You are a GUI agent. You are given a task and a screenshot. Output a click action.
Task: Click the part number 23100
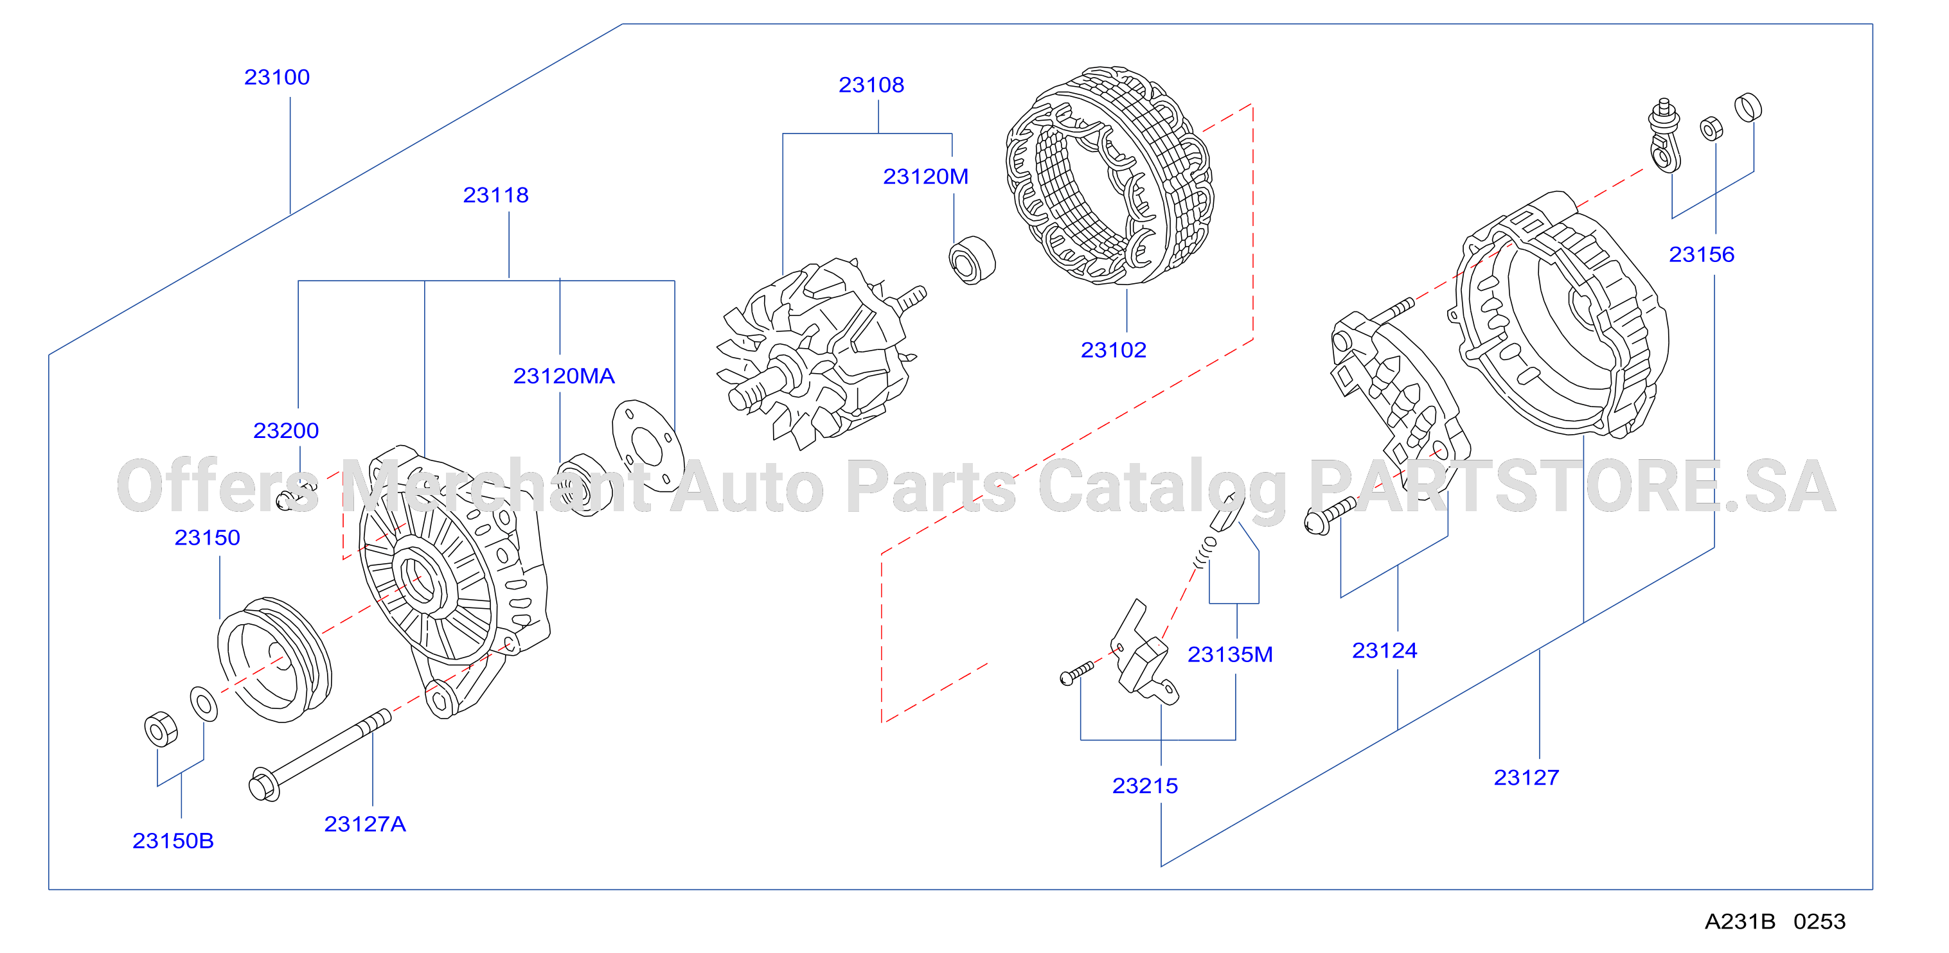[277, 77]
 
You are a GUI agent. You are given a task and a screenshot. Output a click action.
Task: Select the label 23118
[495, 195]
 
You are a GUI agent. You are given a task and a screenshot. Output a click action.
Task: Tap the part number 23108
[871, 85]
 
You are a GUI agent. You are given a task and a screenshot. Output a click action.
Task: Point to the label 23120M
[925, 176]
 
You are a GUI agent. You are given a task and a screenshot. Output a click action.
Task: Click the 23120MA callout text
[564, 376]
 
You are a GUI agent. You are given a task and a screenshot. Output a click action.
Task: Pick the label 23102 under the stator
[1113, 350]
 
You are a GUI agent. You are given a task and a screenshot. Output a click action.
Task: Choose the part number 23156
[1702, 254]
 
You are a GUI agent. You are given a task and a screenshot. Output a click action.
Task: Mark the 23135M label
[1229, 654]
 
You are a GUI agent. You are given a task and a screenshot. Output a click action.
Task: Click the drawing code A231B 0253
[1775, 922]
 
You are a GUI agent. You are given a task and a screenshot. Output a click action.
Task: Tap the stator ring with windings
[1109, 175]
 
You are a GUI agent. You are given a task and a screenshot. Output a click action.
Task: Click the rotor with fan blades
[817, 352]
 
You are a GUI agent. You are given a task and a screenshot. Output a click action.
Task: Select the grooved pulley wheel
[274, 660]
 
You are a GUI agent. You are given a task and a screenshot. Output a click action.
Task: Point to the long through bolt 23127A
[319, 755]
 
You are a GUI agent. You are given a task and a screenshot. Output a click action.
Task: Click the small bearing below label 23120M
[972, 260]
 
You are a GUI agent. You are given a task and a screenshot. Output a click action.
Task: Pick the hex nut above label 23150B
[161, 729]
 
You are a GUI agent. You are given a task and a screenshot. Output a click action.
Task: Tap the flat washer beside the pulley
[204, 704]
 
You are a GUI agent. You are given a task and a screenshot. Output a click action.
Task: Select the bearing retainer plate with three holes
[648, 446]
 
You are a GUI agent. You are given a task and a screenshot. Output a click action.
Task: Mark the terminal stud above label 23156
[1664, 135]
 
